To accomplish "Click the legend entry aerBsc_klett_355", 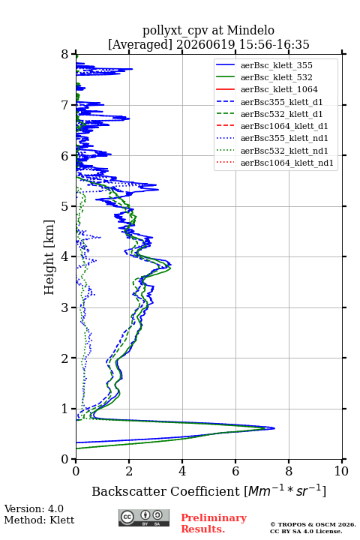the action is (x=276, y=65).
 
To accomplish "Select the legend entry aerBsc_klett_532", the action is (x=276, y=77).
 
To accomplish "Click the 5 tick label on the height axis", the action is (x=65, y=206).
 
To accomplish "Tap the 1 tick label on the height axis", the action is (x=65, y=409).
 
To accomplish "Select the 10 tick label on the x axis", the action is (x=341, y=471).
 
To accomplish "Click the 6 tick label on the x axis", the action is (x=235, y=471).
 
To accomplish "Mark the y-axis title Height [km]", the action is (x=49, y=257).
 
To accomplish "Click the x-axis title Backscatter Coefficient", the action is (x=166, y=491).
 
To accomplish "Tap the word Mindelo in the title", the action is (x=250, y=30).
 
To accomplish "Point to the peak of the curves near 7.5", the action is (x=274, y=428).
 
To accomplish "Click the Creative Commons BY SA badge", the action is (x=144, y=517).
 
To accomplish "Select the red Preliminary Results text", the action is (x=214, y=523).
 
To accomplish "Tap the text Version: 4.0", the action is (x=34, y=508).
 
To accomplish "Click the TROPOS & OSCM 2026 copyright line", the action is (x=313, y=524).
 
